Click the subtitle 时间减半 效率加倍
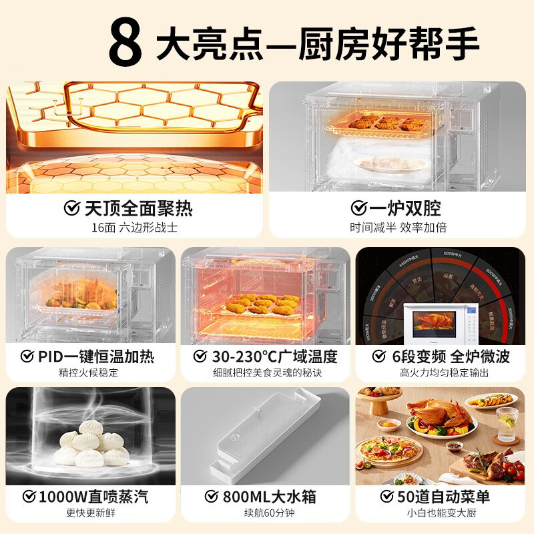(x=398, y=228)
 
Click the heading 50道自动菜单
(x=443, y=497)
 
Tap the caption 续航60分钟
(x=265, y=515)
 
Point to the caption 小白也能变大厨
(x=443, y=515)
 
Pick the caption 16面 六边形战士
(x=135, y=228)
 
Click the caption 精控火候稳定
(x=89, y=373)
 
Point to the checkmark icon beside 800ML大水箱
(x=212, y=497)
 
